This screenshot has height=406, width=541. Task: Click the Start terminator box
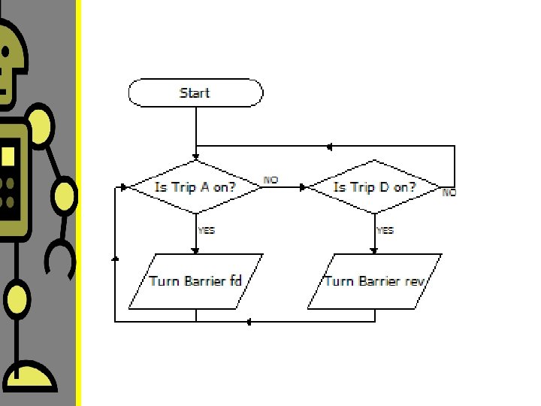[195, 93]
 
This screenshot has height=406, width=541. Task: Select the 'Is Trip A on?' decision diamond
[195, 187]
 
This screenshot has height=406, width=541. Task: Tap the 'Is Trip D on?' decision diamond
[374, 187]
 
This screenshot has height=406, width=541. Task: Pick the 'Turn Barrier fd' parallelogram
[195, 281]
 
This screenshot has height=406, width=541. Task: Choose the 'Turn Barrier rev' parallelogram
[374, 281]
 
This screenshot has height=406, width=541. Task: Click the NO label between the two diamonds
[270, 180]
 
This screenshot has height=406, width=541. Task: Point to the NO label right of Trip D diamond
[449, 192]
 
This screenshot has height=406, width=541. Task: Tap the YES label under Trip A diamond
[207, 230]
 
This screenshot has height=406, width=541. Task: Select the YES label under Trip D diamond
[385, 230]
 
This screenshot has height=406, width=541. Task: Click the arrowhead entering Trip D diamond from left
[304, 187]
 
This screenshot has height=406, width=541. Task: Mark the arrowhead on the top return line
[328, 146]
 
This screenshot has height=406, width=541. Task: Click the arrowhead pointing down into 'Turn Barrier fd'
[195, 250]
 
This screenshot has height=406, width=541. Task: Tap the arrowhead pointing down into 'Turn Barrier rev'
[374, 250]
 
